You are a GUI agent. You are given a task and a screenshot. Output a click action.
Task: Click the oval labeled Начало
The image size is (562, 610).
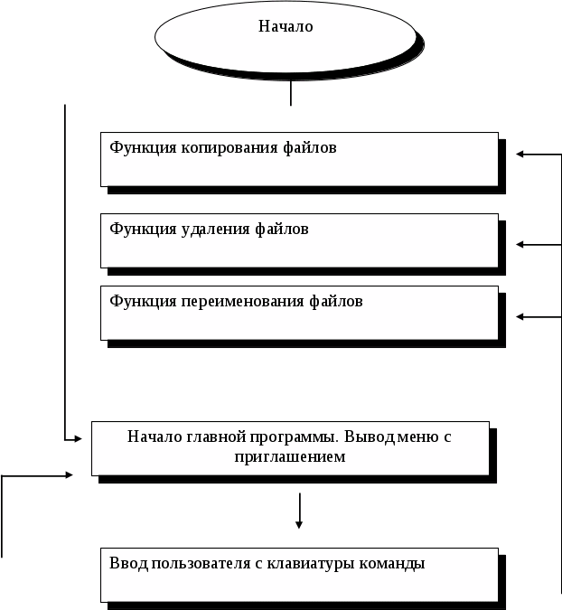(286, 34)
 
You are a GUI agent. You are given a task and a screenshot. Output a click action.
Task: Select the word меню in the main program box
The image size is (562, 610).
(415, 436)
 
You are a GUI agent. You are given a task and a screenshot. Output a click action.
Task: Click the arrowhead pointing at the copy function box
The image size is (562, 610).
(520, 155)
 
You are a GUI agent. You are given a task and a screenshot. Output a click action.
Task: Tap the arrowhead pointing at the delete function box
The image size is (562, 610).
(520, 244)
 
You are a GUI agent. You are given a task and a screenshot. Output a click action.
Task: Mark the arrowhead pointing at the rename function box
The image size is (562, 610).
(520, 316)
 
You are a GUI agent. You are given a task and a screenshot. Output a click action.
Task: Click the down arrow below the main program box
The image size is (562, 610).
(299, 523)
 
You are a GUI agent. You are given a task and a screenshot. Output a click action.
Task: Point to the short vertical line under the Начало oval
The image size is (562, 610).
(290, 94)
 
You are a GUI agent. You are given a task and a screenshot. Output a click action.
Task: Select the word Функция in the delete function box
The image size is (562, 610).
(136, 229)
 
